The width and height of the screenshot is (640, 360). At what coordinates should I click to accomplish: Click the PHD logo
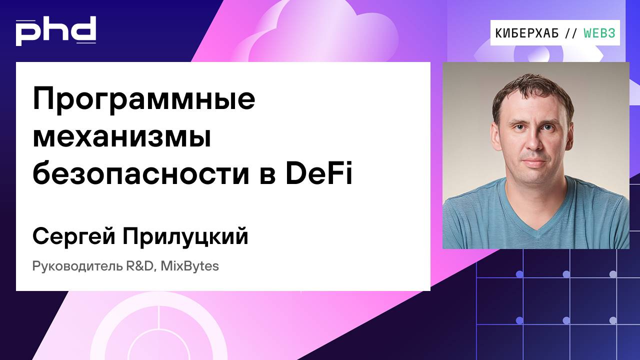click(55, 30)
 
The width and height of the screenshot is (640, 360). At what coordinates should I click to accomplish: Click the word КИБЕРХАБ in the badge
click(527, 33)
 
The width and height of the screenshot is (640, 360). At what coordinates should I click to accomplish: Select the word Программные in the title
click(144, 99)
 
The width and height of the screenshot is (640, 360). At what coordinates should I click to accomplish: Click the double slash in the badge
click(570, 33)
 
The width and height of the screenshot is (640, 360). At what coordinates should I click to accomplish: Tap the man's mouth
click(535, 163)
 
